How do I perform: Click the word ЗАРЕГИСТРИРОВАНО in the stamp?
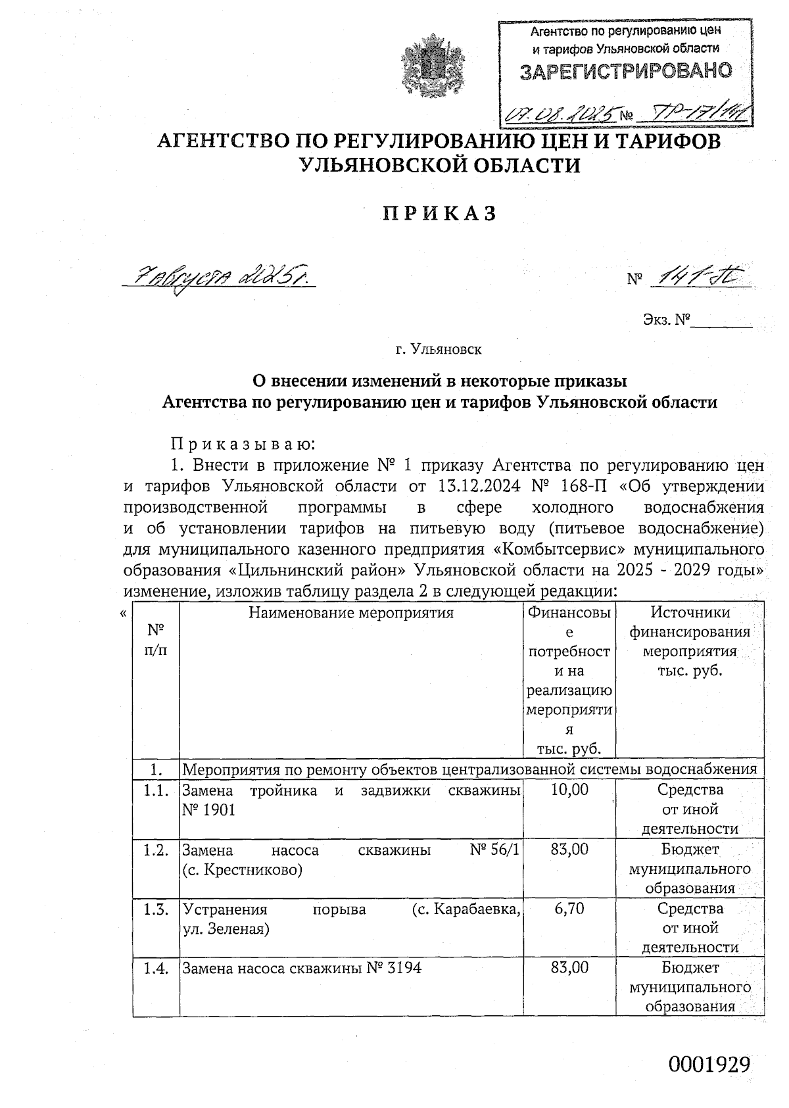click(x=625, y=71)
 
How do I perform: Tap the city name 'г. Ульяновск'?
click(x=439, y=349)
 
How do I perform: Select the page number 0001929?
click(x=709, y=1063)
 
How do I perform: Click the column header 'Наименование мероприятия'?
click(x=351, y=613)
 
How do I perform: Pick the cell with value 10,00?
click(x=569, y=789)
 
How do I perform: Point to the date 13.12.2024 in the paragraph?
click(x=473, y=487)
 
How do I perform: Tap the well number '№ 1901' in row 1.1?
click(x=208, y=810)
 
